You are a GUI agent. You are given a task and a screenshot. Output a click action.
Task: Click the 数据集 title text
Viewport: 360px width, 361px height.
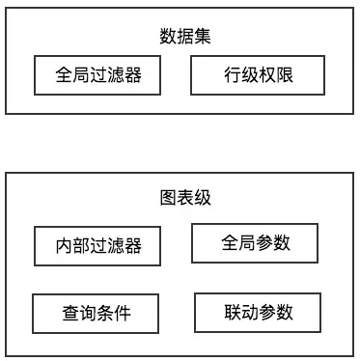click(184, 37)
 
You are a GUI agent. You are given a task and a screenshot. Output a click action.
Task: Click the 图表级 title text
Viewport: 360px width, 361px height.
click(184, 198)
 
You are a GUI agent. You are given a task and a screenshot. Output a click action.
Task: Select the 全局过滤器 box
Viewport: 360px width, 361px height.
click(98, 75)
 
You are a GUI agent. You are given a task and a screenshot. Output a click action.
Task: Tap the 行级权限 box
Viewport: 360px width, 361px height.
click(256, 75)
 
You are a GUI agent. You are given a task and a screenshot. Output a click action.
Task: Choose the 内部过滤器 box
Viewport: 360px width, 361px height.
click(98, 246)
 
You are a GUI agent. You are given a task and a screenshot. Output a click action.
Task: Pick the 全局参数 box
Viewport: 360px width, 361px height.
click(256, 242)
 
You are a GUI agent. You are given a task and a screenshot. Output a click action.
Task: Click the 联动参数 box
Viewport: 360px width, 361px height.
click(258, 312)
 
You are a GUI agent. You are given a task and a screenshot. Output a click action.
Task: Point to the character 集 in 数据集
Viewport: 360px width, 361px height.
click(202, 37)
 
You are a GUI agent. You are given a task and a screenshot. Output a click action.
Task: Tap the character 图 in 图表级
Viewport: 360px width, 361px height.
click(167, 198)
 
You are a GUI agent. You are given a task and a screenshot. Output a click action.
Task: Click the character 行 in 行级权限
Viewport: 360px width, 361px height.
click(230, 75)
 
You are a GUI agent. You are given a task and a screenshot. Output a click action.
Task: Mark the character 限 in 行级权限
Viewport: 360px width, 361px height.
click(282, 75)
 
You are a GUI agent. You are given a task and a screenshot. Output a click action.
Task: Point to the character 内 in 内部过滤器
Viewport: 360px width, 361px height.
click(64, 246)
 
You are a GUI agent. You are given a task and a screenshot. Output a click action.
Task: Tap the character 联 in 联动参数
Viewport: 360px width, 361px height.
click(232, 312)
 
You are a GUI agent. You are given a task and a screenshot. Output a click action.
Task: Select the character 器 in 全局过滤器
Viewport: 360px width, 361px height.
click(133, 75)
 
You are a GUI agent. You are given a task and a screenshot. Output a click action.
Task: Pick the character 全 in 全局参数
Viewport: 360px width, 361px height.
click(230, 242)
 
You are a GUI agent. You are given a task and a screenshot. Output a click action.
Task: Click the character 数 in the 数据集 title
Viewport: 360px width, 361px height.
click(167, 37)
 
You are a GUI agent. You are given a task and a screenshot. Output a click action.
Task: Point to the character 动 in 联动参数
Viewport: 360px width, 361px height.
click(249, 312)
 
